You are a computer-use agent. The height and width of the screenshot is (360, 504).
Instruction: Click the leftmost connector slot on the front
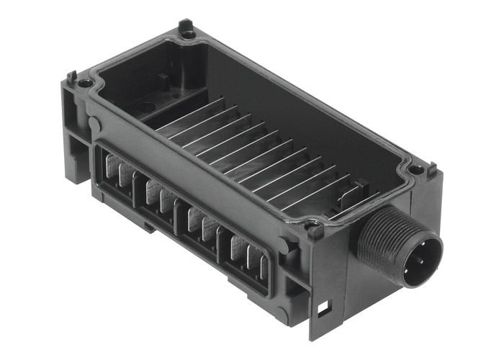tap(115, 174)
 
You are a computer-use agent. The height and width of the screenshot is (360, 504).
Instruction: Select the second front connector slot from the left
tap(158, 195)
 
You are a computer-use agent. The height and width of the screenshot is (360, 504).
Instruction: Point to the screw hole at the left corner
tap(86, 84)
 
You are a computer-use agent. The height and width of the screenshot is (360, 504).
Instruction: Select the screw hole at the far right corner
tap(417, 170)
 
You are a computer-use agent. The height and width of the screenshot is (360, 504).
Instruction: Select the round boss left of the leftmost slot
tap(94, 124)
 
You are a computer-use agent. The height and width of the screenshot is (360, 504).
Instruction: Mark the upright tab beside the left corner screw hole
tap(72, 76)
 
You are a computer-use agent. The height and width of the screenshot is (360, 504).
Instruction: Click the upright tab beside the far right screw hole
tap(431, 170)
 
